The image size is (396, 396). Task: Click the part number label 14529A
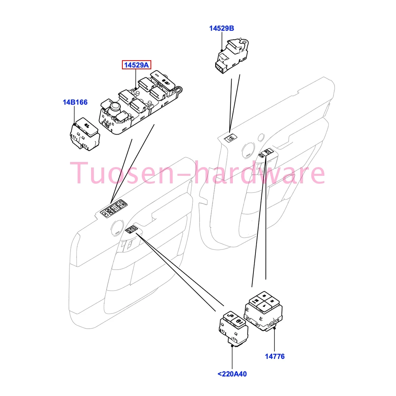(136, 65)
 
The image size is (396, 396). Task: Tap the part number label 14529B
(221, 28)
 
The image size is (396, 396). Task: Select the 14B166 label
(75, 102)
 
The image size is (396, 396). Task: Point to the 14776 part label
(274, 356)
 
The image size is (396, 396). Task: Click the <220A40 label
(232, 374)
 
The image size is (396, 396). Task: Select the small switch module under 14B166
(85, 134)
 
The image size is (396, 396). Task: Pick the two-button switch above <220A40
(233, 327)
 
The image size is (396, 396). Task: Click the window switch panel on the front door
(114, 208)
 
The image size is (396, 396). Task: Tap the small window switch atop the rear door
(231, 138)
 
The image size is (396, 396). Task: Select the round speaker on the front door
(117, 228)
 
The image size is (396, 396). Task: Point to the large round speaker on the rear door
(248, 150)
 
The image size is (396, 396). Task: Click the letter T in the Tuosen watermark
(80, 173)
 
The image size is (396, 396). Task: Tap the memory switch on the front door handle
(131, 229)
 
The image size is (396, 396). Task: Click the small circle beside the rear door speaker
(261, 137)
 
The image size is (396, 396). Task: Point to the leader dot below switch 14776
(274, 328)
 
